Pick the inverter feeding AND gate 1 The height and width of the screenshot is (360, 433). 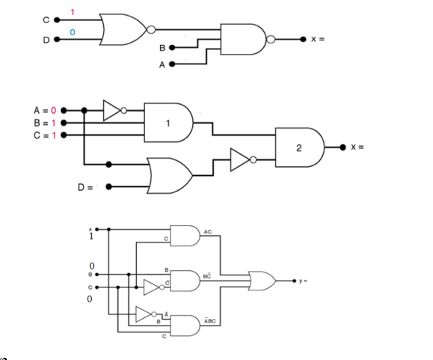tap(112, 111)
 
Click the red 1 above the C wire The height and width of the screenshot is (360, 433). tap(73, 13)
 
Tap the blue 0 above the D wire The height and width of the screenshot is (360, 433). tap(73, 32)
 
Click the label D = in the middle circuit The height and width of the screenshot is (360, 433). tap(86, 186)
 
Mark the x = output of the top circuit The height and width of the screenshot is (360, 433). tap(317, 39)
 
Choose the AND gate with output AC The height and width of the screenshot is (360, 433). tap(185, 236)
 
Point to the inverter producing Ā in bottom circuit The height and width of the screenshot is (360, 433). tap(145, 314)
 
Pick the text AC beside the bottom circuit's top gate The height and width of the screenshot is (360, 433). tap(207, 232)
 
